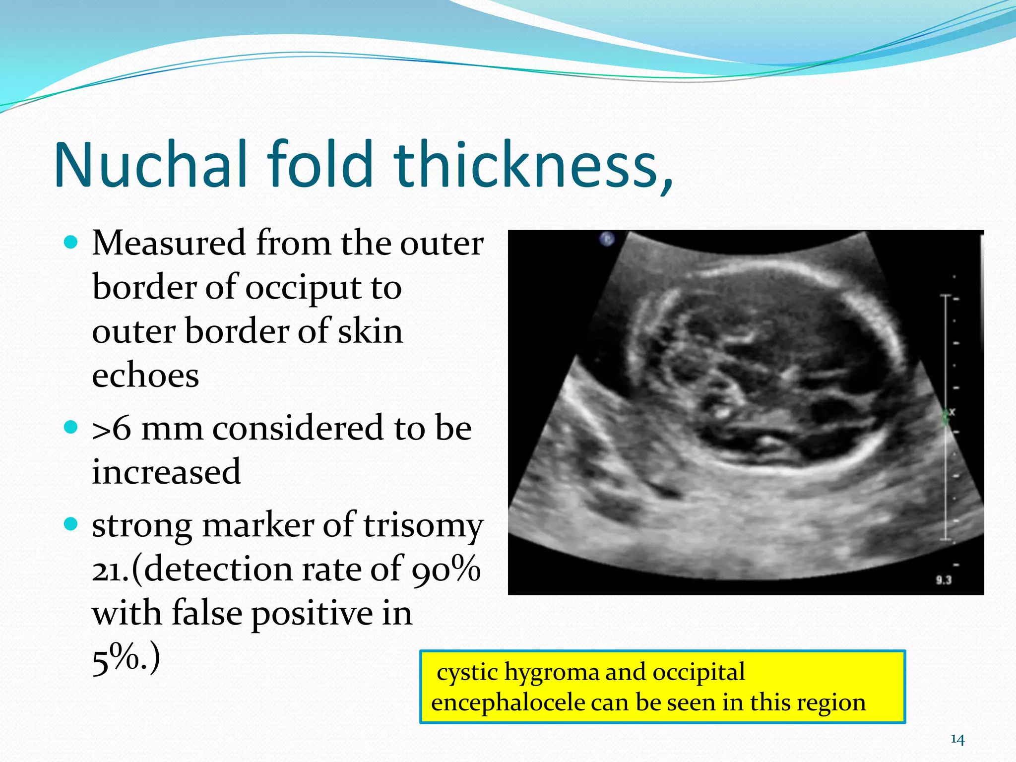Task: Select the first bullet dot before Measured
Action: (x=71, y=243)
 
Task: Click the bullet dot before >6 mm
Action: (x=71, y=427)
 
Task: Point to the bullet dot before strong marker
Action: (x=71, y=524)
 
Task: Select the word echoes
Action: (x=145, y=375)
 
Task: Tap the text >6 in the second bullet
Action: (x=112, y=428)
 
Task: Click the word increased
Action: (x=166, y=471)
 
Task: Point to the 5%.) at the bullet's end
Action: (x=126, y=658)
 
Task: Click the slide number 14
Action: (x=957, y=740)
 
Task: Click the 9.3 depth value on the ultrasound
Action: (x=944, y=579)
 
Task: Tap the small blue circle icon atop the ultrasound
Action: (x=607, y=239)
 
